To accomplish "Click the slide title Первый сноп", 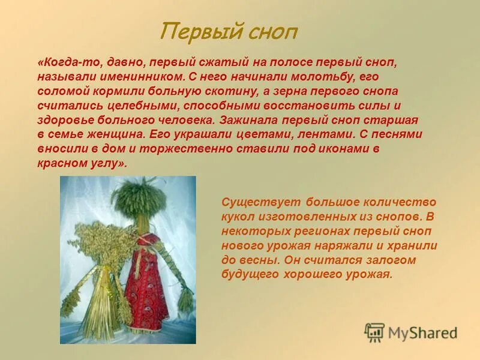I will [228, 31].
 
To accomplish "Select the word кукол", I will [238, 216].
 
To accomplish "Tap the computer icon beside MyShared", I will [375, 332].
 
